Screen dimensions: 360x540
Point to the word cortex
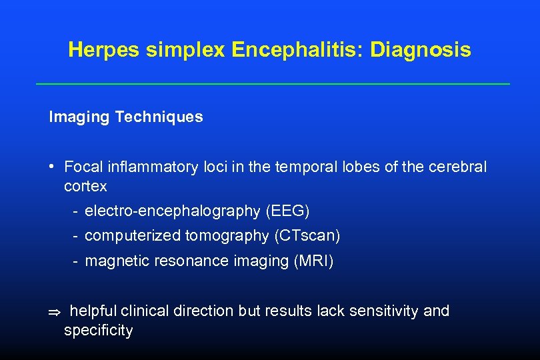pyautogui.click(x=85, y=186)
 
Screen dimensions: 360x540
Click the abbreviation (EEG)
pyautogui.click(x=287, y=211)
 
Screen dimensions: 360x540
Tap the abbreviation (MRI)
pyautogui.click(x=313, y=261)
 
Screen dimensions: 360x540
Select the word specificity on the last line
pyautogui.click(x=99, y=330)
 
